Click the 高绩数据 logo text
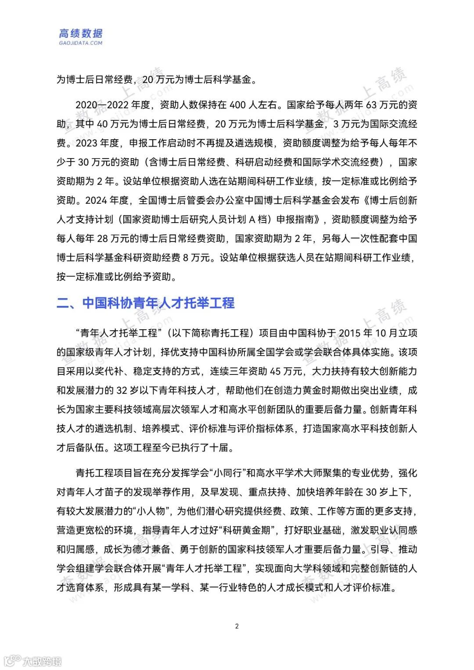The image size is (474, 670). pyautogui.click(x=81, y=33)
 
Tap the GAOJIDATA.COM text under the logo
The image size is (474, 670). pyautogui.click(x=81, y=43)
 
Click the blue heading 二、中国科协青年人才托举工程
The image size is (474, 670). pyautogui.click(x=146, y=303)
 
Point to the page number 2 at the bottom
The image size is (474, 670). pyautogui.click(x=237, y=626)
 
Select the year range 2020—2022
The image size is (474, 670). pyautogui.click(x=102, y=105)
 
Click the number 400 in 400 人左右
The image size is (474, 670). pyautogui.click(x=237, y=105)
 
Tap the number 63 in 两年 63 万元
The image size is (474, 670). pyautogui.click(x=371, y=105)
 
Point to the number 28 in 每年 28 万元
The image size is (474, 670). pyautogui.click(x=102, y=238)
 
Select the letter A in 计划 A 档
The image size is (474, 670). pyautogui.click(x=252, y=220)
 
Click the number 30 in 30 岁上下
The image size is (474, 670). pyautogui.click(x=371, y=492)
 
